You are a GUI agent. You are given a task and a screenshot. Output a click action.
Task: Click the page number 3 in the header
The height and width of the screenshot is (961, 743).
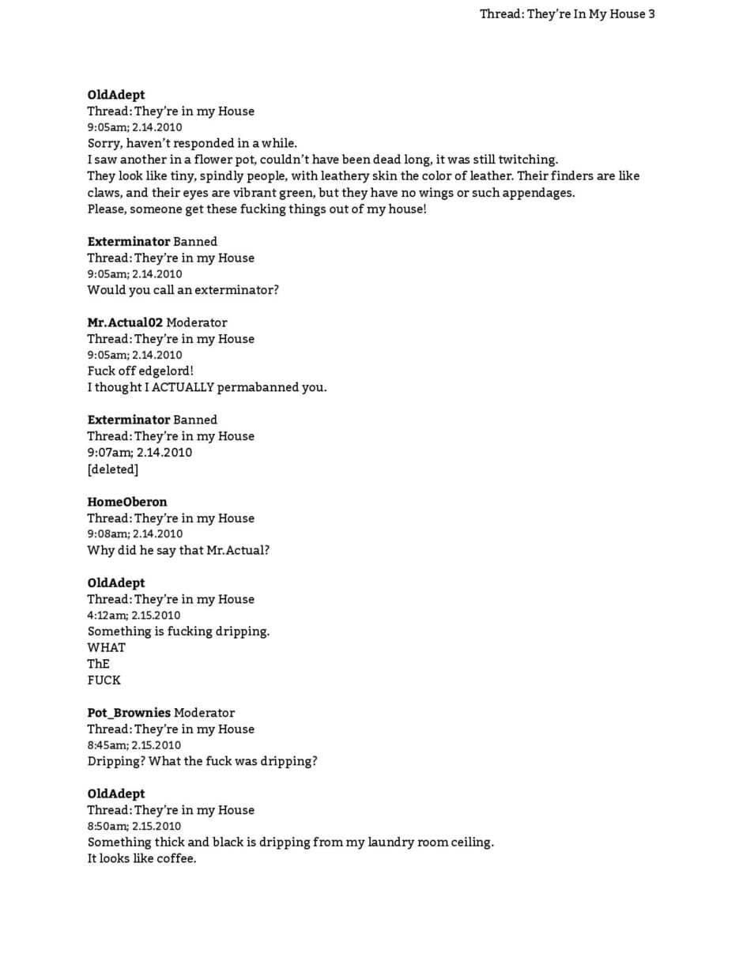coord(651,13)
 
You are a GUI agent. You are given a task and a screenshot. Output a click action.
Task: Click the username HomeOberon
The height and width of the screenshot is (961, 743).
coord(127,502)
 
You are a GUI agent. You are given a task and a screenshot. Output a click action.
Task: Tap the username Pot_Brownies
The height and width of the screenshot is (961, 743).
coord(129,713)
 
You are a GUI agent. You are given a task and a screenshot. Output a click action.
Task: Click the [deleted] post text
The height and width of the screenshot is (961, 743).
coord(113,469)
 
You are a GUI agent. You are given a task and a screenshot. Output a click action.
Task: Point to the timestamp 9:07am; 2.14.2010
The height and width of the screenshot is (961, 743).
coord(140,453)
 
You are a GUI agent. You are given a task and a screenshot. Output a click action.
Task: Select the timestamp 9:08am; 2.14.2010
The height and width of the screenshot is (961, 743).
coord(135,534)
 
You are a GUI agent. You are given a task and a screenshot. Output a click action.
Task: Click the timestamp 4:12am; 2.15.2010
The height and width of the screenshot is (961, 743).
coord(134,615)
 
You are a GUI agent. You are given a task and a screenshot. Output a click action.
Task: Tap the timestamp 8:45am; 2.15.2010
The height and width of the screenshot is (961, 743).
coord(134,745)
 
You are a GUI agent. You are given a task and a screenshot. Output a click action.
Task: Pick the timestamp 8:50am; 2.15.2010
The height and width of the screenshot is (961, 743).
coord(134,826)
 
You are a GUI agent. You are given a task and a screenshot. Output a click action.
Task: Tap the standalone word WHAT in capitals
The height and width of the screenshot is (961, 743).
coord(107,647)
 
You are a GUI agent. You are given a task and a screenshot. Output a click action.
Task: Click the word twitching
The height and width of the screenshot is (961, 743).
coord(528,160)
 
